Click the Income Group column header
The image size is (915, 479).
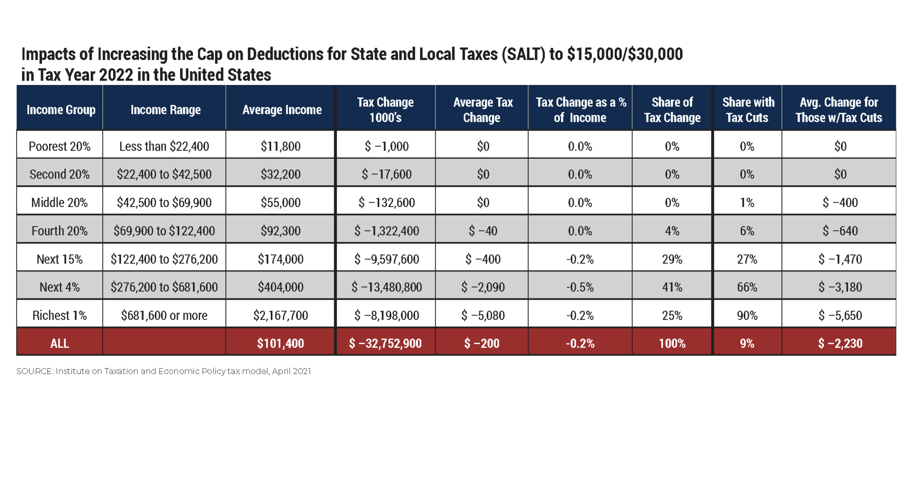click(x=61, y=110)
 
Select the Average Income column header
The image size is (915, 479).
click(x=281, y=110)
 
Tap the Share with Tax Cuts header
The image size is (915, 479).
click(x=748, y=110)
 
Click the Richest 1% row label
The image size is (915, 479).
click(x=59, y=315)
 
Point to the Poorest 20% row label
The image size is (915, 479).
click(x=59, y=146)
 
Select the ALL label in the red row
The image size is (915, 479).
click(x=59, y=343)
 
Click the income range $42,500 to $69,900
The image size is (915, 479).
click(x=164, y=203)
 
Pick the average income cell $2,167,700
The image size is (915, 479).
click(x=281, y=315)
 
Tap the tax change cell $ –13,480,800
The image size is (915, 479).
click(x=386, y=287)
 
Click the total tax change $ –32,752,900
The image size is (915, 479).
click(x=385, y=343)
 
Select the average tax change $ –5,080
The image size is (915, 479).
click(x=483, y=315)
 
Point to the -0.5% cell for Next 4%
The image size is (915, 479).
click(x=580, y=287)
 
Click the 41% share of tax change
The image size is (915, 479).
click(x=672, y=287)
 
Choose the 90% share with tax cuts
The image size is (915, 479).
click(x=747, y=315)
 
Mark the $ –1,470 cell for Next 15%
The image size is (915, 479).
click(x=840, y=259)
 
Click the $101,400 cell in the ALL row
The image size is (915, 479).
click(x=281, y=343)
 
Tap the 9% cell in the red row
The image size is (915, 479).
click(x=747, y=343)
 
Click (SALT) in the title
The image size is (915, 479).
click(x=524, y=55)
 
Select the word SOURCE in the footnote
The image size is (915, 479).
click(x=34, y=371)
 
